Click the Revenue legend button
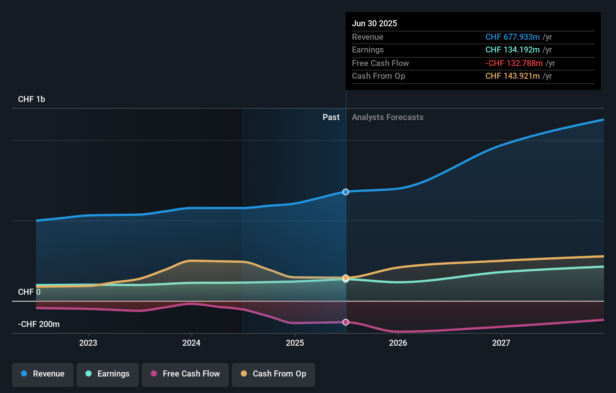pyautogui.click(x=43, y=374)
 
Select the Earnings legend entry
pyautogui.click(x=108, y=374)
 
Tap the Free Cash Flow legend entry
pyautogui.click(x=185, y=374)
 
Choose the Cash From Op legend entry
pyautogui.click(x=273, y=374)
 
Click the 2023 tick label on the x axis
pyautogui.click(x=88, y=343)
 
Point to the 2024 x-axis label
pyautogui.click(x=191, y=343)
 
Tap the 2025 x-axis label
pyautogui.click(x=295, y=343)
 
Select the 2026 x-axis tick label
pyautogui.click(x=398, y=343)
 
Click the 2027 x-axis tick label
pyautogui.click(x=501, y=343)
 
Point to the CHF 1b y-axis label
pyautogui.click(x=32, y=99)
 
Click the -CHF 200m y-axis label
pyautogui.click(x=39, y=324)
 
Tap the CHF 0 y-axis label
pyautogui.click(x=29, y=292)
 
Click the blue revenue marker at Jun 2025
pyautogui.click(x=346, y=192)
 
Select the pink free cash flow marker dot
pyautogui.click(x=346, y=322)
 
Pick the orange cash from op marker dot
pyautogui.click(x=346, y=277)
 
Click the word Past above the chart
pyautogui.click(x=331, y=117)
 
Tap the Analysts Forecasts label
pyautogui.click(x=388, y=117)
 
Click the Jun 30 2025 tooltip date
pyautogui.click(x=374, y=23)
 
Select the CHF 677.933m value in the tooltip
pyautogui.click(x=512, y=37)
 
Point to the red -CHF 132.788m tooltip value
pyautogui.click(x=514, y=63)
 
